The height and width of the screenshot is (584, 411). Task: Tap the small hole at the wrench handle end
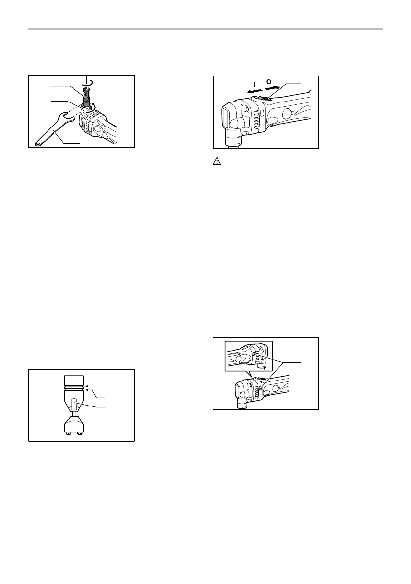pyautogui.click(x=37, y=142)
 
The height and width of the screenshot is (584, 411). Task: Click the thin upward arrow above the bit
pyautogui.click(x=87, y=80)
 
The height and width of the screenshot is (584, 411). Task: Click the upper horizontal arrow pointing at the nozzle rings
pyautogui.click(x=95, y=386)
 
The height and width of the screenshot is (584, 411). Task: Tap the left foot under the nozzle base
pyautogui.click(x=69, y=432)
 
